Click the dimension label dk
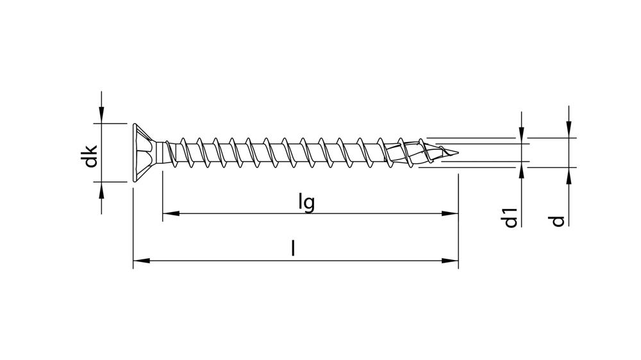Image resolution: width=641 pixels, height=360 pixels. tap(92, 156)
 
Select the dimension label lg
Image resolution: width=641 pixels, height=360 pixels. tap(306, 202)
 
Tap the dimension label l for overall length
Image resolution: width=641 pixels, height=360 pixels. tap(294, 249)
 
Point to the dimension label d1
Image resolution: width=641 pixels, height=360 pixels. tap(510, 217)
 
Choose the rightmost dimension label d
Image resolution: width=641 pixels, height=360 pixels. tap(558, 220)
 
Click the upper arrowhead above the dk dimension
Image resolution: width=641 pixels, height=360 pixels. tap(101, 116)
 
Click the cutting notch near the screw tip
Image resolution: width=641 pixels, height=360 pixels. tap(410, 154)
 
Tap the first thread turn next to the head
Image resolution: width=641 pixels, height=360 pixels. tap(171, 154)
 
